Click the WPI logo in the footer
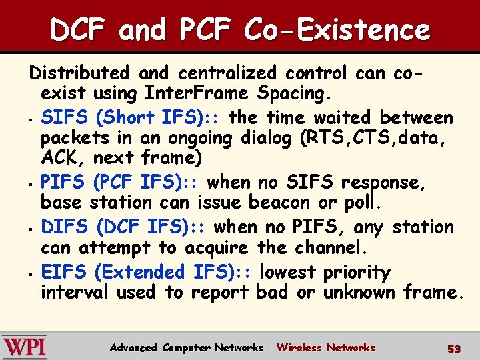click(x=25, y=347)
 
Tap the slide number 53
click(x=454, y=348)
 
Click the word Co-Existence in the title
click(x=337, y=29)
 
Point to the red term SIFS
click(x=65, y=118)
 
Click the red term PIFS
click(x=65, y=182)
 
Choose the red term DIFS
click(x=65, y=227)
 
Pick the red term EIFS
click(x=65, y=272)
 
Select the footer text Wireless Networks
click(x=325, y=347)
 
